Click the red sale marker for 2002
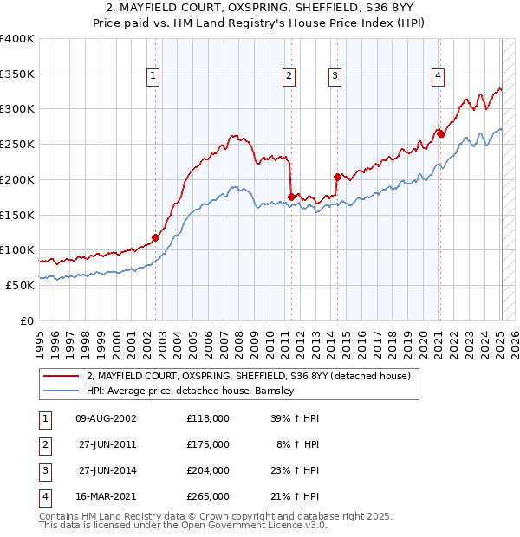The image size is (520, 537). [156, 237]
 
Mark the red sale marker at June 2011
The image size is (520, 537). [292, 197]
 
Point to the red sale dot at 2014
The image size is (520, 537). [337, 176]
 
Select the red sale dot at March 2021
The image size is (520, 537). [440, 133]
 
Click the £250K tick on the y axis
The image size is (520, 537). [17, 144]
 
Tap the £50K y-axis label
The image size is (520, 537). [20, 285]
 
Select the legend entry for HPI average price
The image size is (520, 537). [190, 391]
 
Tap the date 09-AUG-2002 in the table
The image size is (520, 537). [107, 417]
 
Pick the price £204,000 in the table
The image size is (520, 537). [208, 471]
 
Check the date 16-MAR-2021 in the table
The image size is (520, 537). [107, 497]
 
